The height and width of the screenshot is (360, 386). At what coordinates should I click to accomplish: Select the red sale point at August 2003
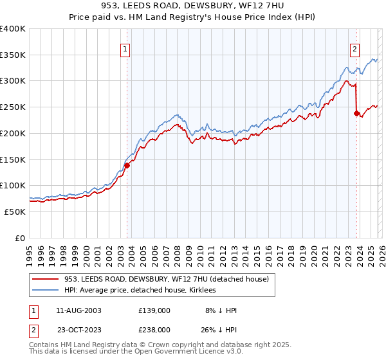[127, 165]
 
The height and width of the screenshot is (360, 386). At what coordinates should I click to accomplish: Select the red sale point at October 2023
[356, 113]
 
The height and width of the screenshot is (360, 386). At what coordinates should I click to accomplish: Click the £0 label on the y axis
[20, 238]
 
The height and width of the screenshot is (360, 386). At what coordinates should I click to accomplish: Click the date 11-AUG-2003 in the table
[78, 310]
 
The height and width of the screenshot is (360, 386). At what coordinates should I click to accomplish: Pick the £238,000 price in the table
[154, 329]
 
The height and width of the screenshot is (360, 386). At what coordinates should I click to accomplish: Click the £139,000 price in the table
[154, 310]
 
